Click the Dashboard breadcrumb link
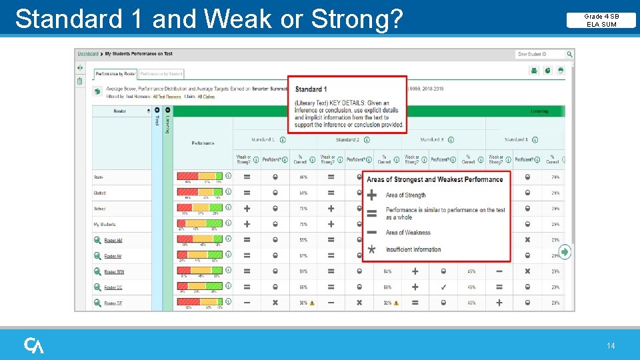[88, 53]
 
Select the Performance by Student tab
[161, 73]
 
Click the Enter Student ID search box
[540, 54]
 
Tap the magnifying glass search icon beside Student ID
[570, 54]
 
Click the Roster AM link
[113, 240]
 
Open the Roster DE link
[113, 303]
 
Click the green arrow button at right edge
[565, 252]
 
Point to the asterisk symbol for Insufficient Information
[372, 249]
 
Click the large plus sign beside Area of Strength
[372, 195]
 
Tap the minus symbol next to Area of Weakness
[372, 233]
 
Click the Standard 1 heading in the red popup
[311, 89]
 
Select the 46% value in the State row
[303, 177]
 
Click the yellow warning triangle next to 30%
[312, 303]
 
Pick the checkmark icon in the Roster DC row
[443, 287]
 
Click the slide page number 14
[611, 345]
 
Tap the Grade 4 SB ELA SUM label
[601, 20]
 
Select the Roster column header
[119, 111]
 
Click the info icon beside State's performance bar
[228, 176]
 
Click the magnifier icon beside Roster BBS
[97, 272]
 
